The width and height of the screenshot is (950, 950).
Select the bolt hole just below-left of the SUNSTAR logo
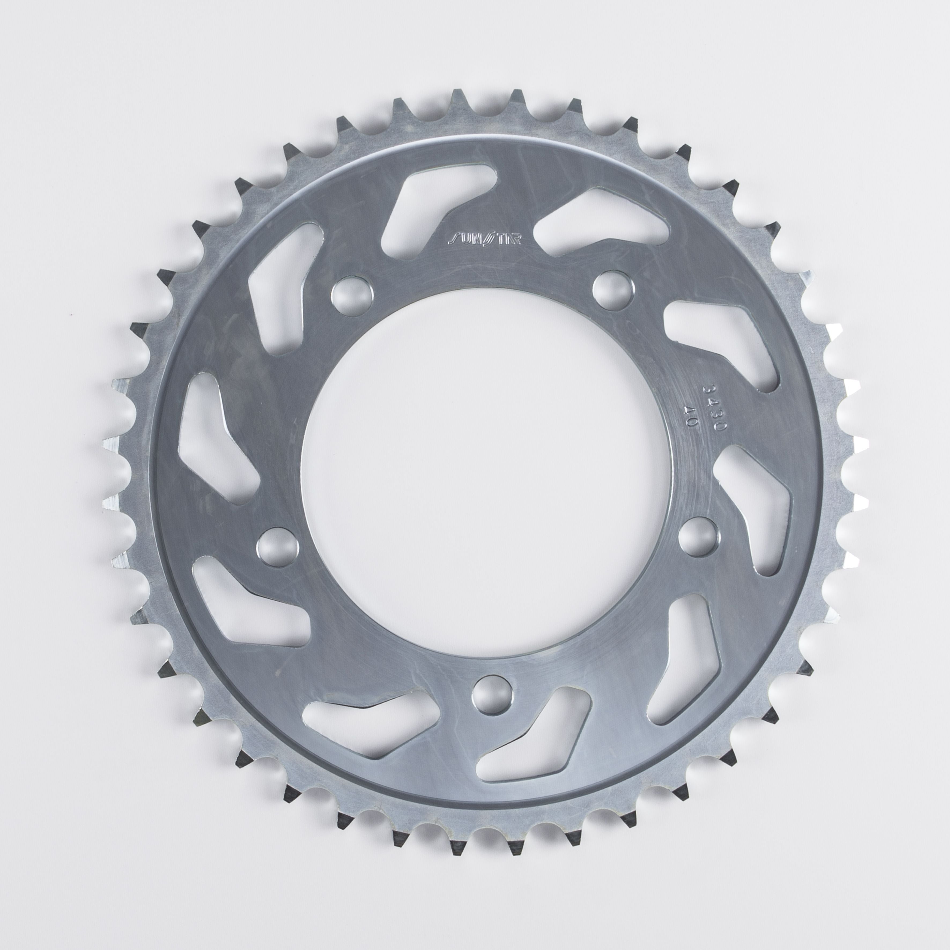coord(352,297)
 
